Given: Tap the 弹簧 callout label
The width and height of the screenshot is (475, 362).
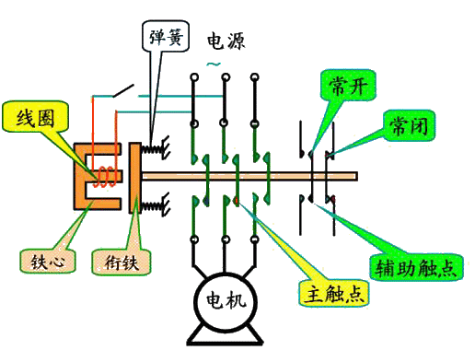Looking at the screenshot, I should [164, 38].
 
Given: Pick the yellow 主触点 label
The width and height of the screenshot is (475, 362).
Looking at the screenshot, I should [329, 294].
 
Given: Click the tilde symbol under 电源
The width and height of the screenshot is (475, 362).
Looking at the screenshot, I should [214, 64].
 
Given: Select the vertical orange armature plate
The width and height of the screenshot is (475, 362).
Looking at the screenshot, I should [133, 174].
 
